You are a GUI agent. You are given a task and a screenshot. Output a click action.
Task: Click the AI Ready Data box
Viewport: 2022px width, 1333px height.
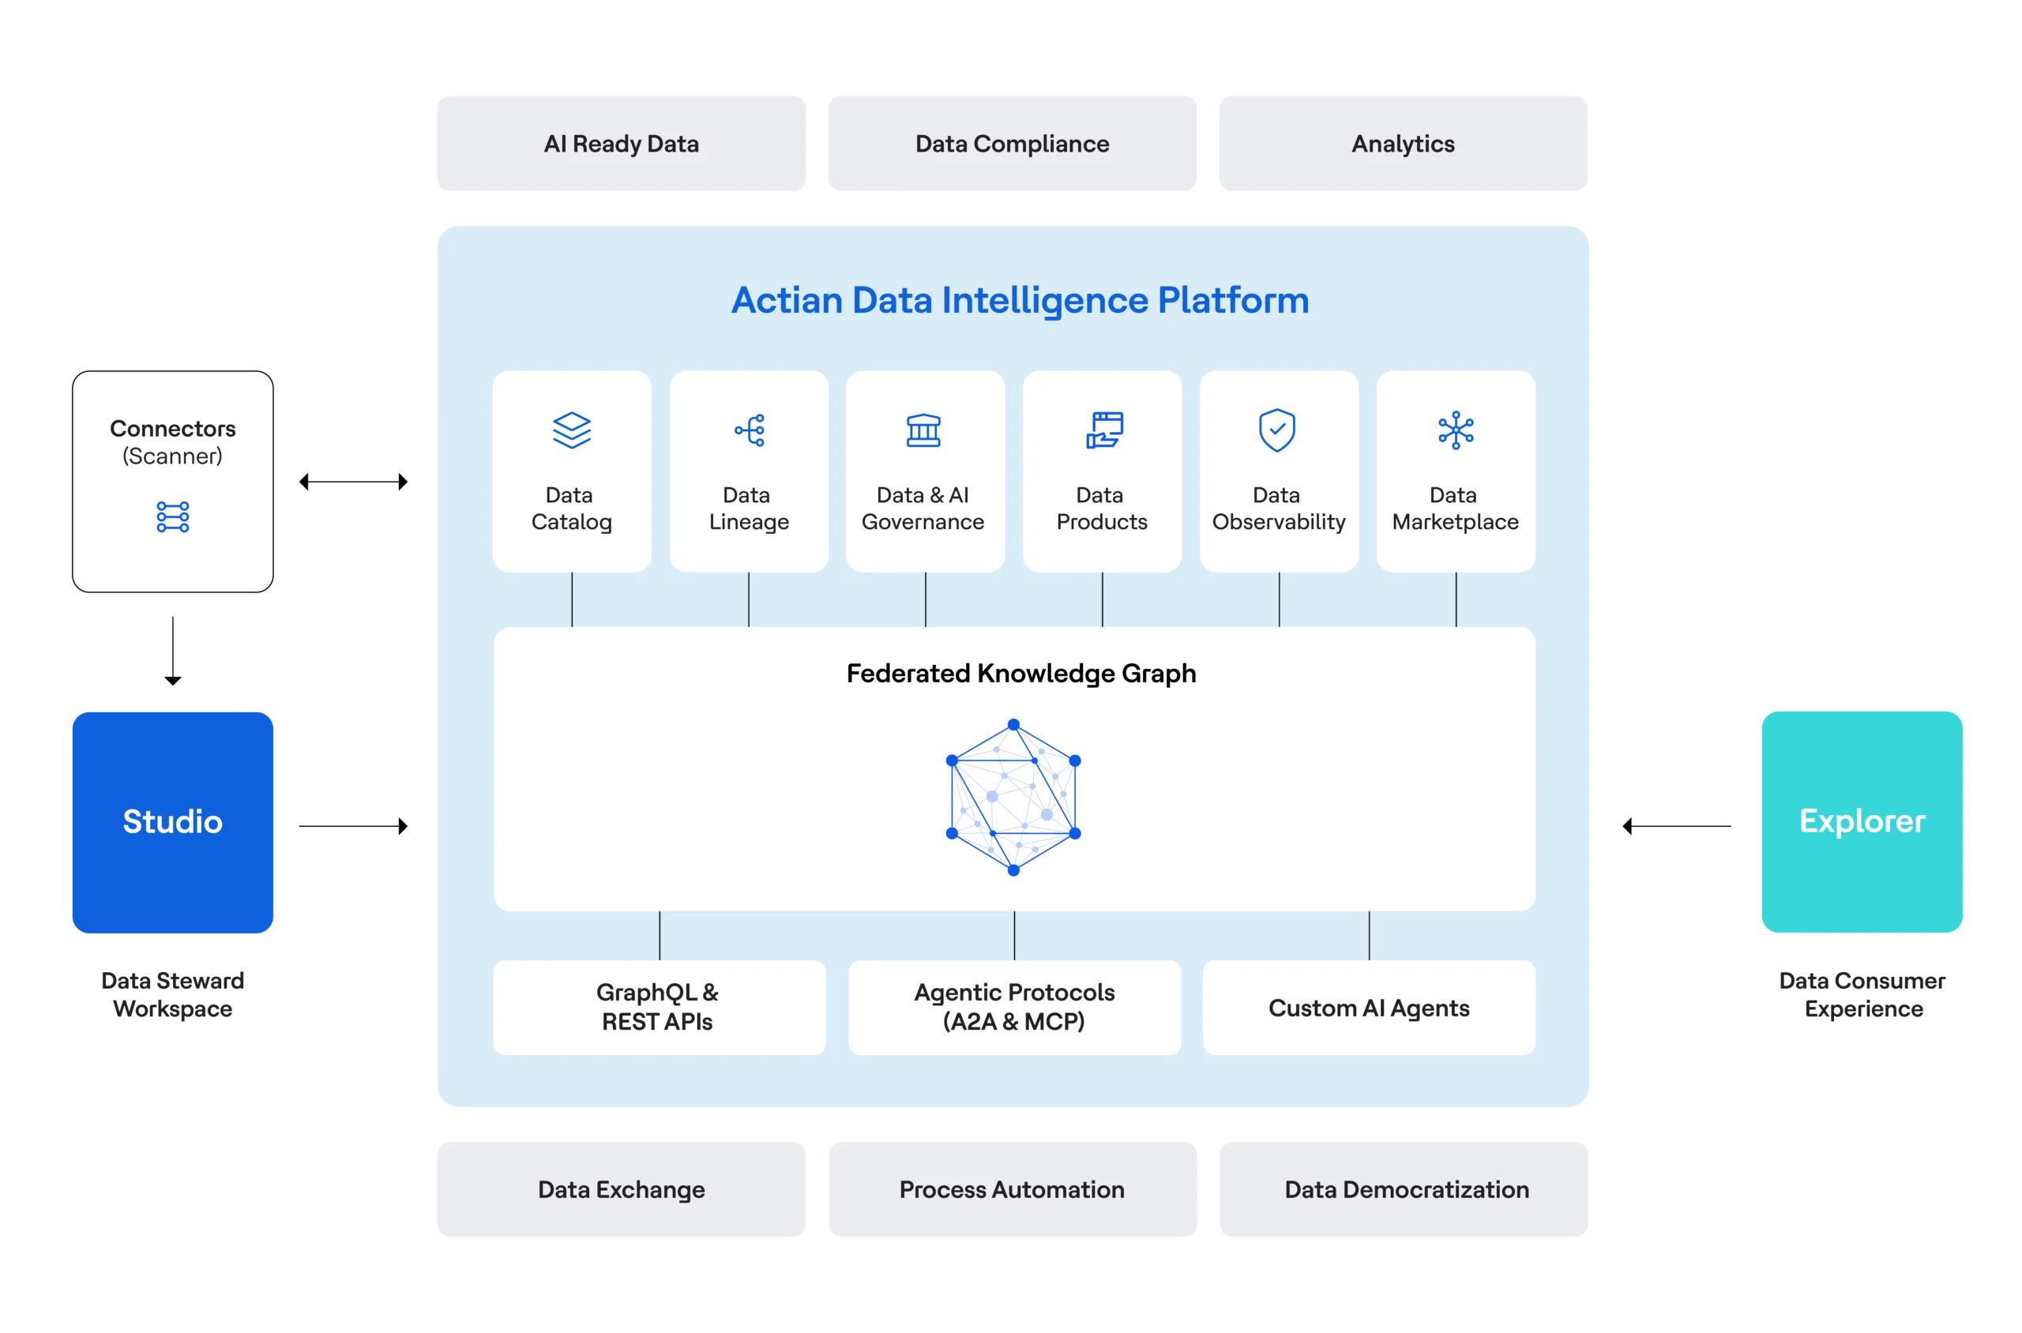tap(622, 145)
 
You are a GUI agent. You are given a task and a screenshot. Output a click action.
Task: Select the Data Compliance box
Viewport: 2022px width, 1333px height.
tap(1013, 145)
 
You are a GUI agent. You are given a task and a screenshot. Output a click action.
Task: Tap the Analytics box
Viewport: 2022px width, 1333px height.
tap(1403, 145)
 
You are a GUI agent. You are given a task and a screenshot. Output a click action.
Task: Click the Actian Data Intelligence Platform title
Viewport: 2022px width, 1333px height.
tap(1020, 300)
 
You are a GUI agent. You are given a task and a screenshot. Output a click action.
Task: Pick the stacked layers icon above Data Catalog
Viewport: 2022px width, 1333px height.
tap(571, 430)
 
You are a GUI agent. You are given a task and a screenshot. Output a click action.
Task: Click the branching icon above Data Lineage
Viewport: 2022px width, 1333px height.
tap(749, 430)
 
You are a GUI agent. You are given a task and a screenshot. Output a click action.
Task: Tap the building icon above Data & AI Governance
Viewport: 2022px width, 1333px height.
tap(923, 430)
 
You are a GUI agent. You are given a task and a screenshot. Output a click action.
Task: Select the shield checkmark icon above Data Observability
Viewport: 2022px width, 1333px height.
tap(1277, 430)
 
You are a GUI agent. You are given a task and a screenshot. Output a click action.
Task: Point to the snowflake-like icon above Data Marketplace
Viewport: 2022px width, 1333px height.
tap(1456, 430)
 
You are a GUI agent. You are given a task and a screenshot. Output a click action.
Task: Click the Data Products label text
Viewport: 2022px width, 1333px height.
tap(1101, 509)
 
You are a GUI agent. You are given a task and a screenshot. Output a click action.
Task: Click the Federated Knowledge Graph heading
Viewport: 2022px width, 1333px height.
tap(1020, 674)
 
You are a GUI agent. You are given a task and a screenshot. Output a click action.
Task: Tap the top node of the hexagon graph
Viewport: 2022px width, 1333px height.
tap(1013, 725)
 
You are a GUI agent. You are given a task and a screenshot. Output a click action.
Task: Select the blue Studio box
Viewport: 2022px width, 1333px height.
tap(174, 821)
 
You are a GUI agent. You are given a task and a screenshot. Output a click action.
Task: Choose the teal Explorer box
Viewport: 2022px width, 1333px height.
tap(1862, 821)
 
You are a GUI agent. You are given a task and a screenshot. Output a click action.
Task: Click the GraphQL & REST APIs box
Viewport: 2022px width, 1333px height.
tap(658, 1008)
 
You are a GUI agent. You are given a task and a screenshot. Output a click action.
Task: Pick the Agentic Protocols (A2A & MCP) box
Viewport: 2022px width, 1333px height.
tap(1014, 1008)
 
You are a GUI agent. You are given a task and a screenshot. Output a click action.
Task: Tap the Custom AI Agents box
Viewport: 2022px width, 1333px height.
tap(1369, 1008)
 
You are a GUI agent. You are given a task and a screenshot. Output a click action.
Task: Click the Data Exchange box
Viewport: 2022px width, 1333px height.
tap(622, 1188)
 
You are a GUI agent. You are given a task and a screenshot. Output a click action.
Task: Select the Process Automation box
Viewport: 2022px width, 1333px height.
tap(1013, 1188)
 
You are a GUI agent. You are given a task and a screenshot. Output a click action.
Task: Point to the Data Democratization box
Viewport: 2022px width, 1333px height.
tap(1406, 1188)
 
